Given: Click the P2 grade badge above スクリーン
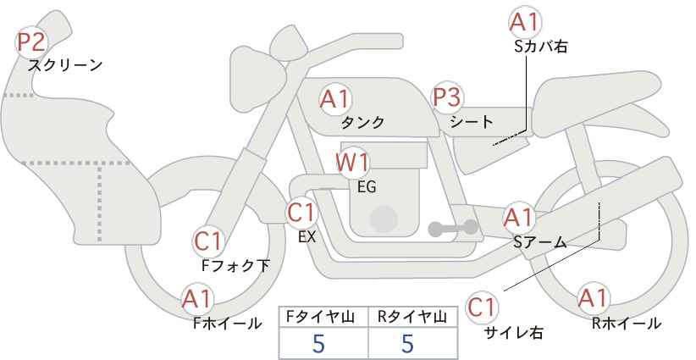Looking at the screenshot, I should [x=32, y=41].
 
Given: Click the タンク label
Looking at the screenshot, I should [x=363, y=123].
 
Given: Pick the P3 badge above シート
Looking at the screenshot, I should [x=447, y=97].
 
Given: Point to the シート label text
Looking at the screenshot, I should [x=472, y=121].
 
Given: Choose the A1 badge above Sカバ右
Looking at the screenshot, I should [x=525, y=23].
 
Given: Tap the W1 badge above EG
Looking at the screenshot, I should [x=353, y=162].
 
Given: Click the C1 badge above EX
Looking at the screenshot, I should [x=301, y=211].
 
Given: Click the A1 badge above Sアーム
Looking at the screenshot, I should [x=518, y=218].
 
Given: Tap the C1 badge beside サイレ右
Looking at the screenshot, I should [x=483, y=307].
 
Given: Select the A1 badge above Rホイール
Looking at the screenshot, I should [x=593, y=299].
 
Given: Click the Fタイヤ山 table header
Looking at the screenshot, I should [x=323, y=316].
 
